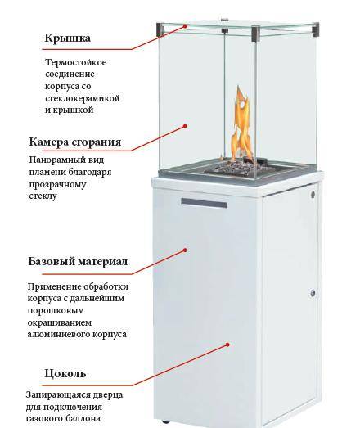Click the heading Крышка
pyautogui.click(x=67, y=38)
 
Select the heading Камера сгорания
pyautogui.click(x=75, y=142)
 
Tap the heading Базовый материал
pyautogui.click(x=78, y=262)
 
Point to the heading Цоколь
pyautogui.click(x=65, y=373)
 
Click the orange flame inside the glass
pyautogui.click(x=241, y=125)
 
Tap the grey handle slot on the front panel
pyautogui.click(x=205, y=203)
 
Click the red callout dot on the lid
pyautogui.click(x=185, y=26)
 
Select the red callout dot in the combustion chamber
pyautogui.click(x=185, y=126)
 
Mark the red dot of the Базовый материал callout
pyautogui.click(x=185, y=250)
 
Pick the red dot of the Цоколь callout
pyautogui.click(x=227, y=345)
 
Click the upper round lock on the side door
pyautogui.click(x=313, y=195)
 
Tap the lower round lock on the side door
pyautogui.click(x=313, y=294)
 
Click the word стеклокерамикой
pyautogui.click(x=83, y=98)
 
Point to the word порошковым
pyautogui.click(x=56, y=311)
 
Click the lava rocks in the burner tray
pyautogui.click(x=233, y=166)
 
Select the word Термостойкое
pyautogui.click(x=76, y=62)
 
